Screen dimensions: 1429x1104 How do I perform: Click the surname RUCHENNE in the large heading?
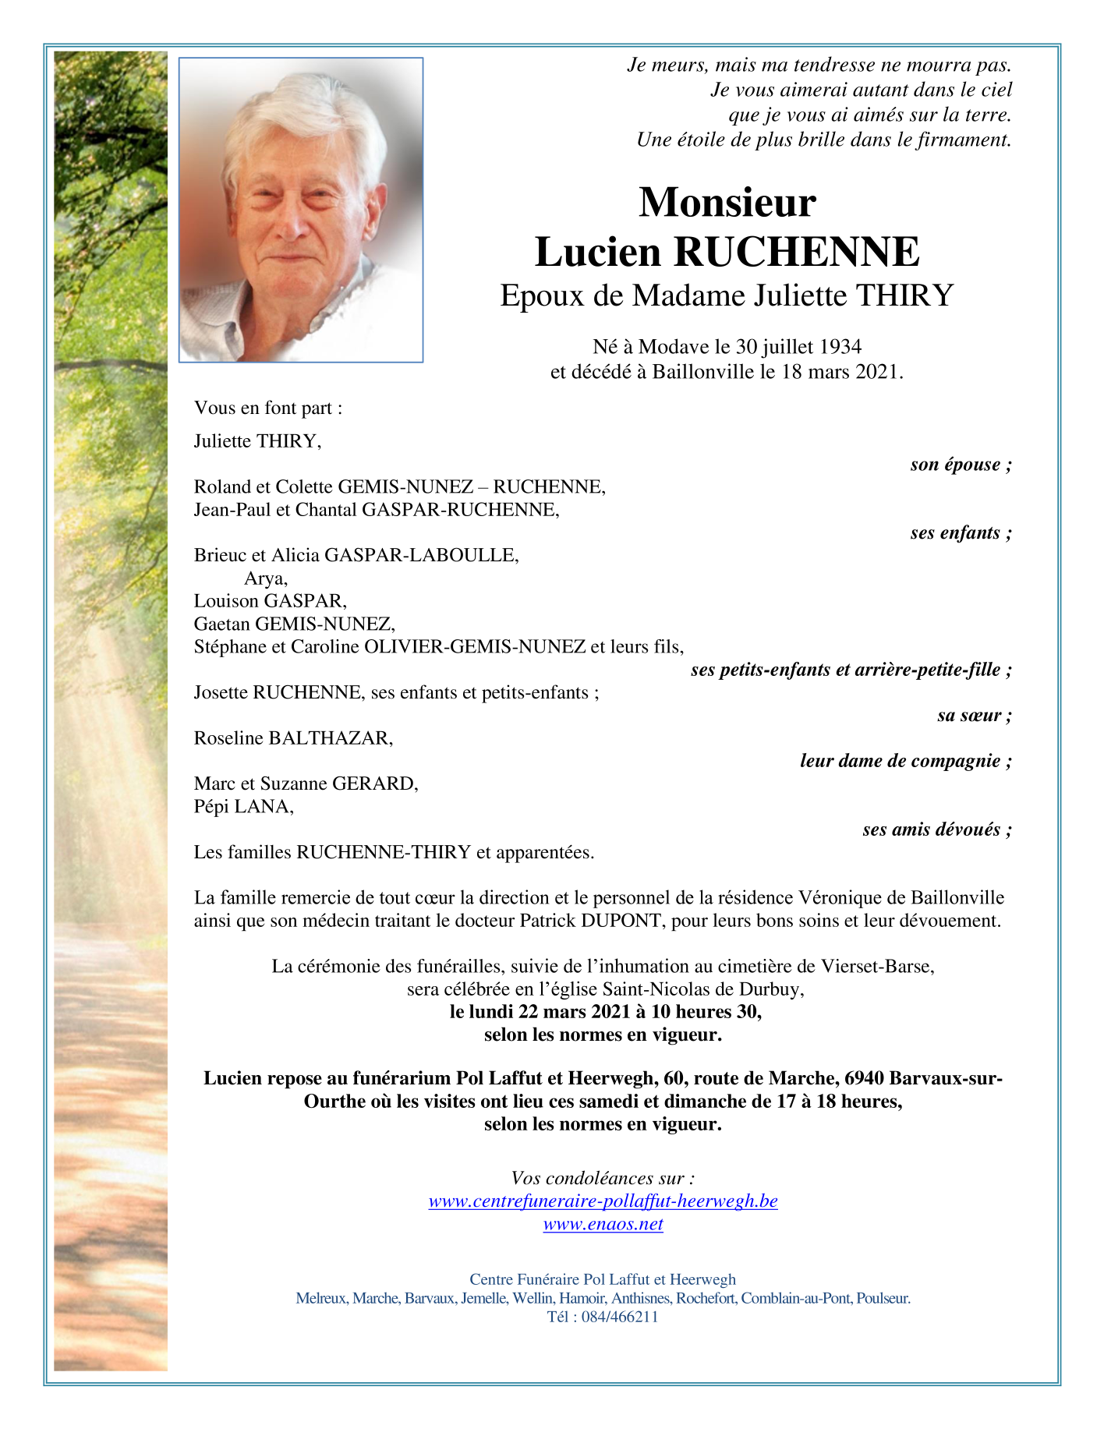pyautogui.click(x=796, y=252)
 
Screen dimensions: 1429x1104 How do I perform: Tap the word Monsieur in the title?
pyautogui.click(x=727, y=202)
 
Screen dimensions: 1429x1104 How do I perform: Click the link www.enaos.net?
pyautogui.click(x=603, y=1224)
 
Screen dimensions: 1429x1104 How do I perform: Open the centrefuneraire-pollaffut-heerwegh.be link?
pyautogui.click(x=603, y=1201)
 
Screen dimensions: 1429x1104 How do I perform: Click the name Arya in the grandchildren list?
pyautogui.click(x=265, y=578)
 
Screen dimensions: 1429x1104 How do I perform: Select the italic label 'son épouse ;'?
pyautogui.click(x=961, y=465)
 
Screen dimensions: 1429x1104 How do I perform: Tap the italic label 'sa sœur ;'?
pyautogui.click(x=974, y=716)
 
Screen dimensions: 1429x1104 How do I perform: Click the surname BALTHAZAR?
pyautogui.click(x=330, y=738)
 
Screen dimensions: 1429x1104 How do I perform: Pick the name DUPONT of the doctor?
pyautogui.click(x=621, y=921)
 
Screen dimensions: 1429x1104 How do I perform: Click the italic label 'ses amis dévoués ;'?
pyautogui.click(x=936, y=829)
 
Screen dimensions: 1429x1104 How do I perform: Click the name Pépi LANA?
pyautogui.click(x=243, y=807)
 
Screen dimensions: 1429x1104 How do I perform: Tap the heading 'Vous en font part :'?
pyautogui.click(x=268, y=408)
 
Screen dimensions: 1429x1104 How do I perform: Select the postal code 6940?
pyautogui.click(x=864, y=1078)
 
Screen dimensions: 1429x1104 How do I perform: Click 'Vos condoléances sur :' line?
pyautogui.click(x=603, y=1178)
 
